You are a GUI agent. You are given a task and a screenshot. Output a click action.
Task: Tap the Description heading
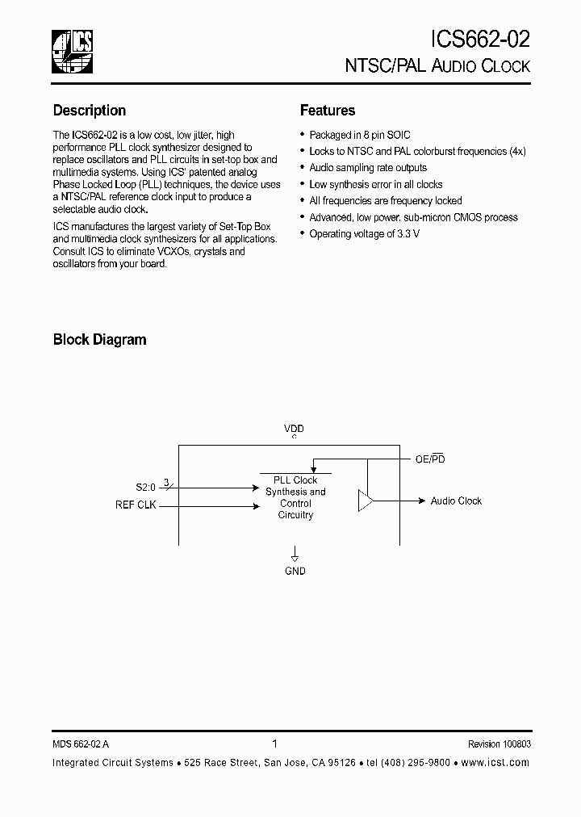click(x=90, y=111)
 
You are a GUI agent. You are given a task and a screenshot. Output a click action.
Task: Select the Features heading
click(x=328, y=111)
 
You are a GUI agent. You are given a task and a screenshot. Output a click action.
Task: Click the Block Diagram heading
click(x=100, y=340)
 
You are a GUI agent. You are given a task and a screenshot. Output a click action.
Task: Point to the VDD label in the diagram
click(x=294, y=429)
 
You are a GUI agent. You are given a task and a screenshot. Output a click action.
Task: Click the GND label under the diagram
click(x=295, y=571)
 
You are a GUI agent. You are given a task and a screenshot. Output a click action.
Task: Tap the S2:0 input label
click(x=145, y=488)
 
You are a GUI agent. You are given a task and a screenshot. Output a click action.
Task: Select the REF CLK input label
click(x=136, y=505)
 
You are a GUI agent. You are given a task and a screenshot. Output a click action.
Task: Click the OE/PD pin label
click(x=430, y=459)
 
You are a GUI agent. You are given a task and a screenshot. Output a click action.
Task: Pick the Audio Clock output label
click(x=456, y=501)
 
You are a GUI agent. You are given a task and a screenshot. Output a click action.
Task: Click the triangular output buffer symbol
click(x=366, y=501)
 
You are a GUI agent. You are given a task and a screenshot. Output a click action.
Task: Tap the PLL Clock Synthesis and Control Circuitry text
click(x=295, y=497)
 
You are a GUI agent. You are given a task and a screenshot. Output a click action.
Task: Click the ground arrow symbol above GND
click(x=295, y=555)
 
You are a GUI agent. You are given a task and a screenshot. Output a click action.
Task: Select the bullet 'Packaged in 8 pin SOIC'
click(x=360, y=136)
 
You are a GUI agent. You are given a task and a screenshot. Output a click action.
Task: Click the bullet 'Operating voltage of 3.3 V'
click(x=365, y=234)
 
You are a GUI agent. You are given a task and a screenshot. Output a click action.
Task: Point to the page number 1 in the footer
click(x=275, y=744)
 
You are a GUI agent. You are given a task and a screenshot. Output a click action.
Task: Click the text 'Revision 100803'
click(x=499, y=745)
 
